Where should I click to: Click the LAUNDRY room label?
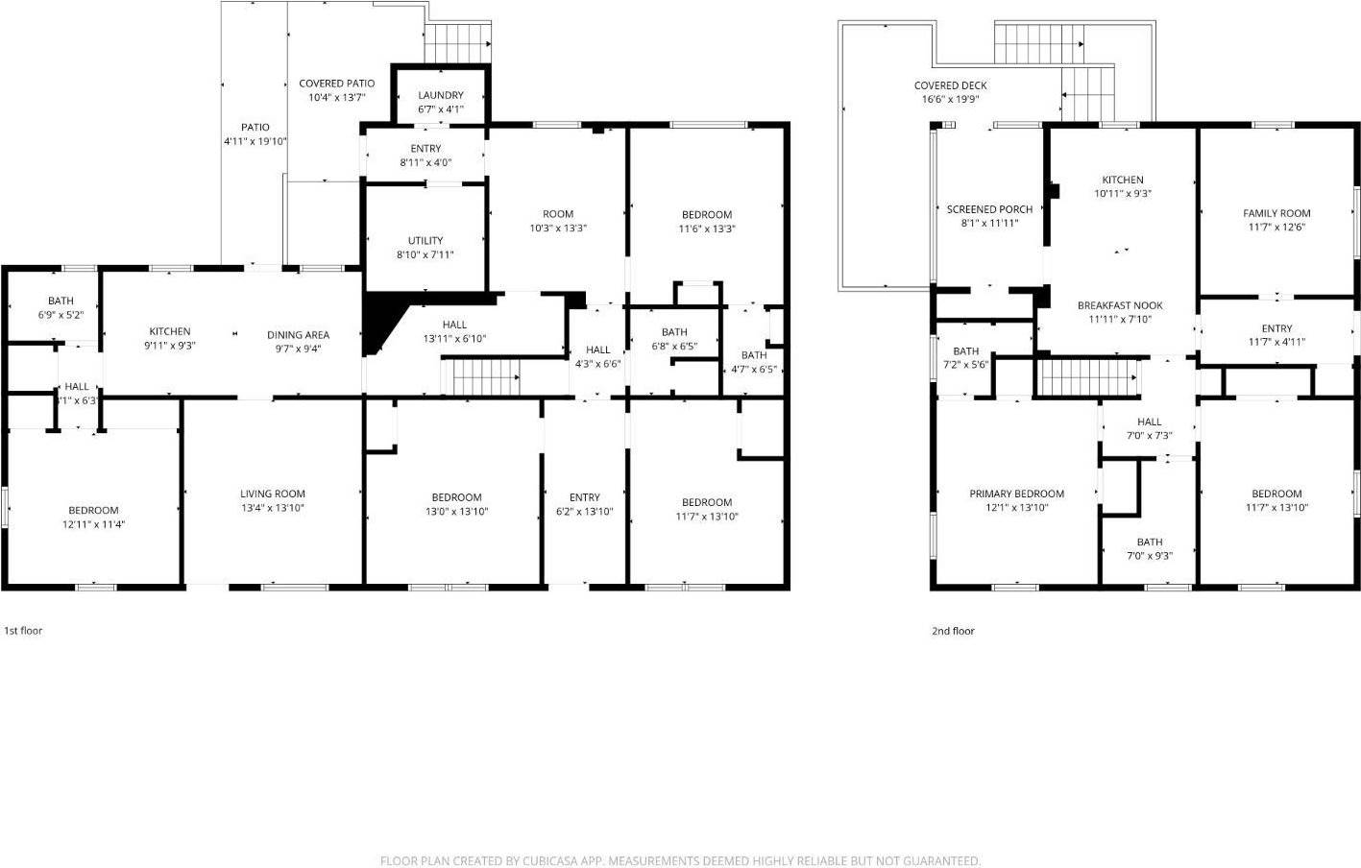(x=441, y=95)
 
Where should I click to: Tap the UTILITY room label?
(x=425, y=241)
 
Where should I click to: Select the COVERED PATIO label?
(x=336, y=84)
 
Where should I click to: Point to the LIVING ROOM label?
(x=273, y=494)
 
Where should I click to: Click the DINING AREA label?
(x=298, y=335)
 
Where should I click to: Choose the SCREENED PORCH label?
(x=989, y=209)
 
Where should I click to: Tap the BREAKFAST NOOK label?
(x=1120, y=306)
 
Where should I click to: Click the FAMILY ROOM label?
(x=1276, y=214)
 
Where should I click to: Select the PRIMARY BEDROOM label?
(x=1016, y=494)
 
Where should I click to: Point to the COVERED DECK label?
(x=950, y=86)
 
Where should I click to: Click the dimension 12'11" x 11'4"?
(x=93, y=524)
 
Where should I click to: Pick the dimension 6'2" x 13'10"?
(x=584, y=511)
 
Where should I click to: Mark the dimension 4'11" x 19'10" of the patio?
(x=255, y=141)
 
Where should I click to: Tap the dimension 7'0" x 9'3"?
(x=1149, y=555)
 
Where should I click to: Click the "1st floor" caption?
(x=23, y=631)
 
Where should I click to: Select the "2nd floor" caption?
(x=953, y=631)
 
